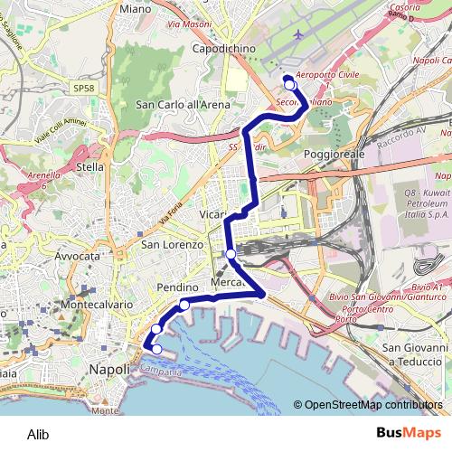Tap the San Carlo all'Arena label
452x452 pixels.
(x=183, y=104)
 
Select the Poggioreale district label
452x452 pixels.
(x=334, y=155)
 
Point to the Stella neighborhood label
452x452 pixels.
(x=91, y=167)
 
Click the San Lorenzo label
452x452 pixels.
(x=170, y=244)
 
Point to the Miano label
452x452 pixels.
(x=135, y=8)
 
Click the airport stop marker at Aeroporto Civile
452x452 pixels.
(x=290, y=85)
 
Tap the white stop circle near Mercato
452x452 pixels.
(x=231, y=254)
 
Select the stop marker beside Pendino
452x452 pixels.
(x=184, y=305)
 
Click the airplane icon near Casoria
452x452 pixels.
(x=299, y=34)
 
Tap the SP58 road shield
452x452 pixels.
(x=83, y=88)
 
